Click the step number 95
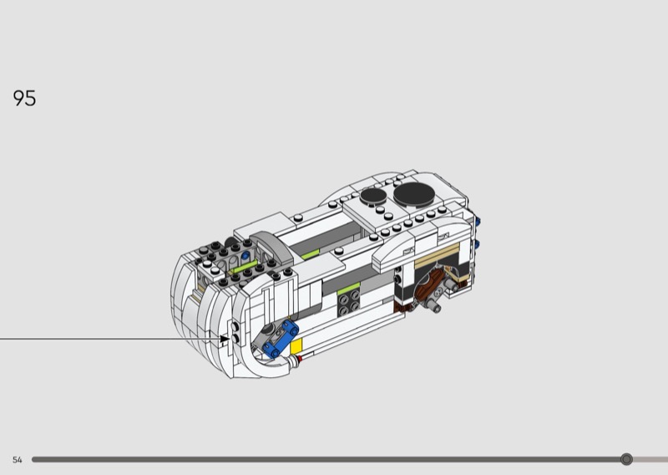24,98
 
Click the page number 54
17,460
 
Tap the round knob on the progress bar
626,459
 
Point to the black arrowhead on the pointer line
225,339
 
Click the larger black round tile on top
414,195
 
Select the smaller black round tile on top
373,196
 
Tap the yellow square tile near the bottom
296,345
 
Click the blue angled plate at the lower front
281,340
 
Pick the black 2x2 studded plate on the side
349,303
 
